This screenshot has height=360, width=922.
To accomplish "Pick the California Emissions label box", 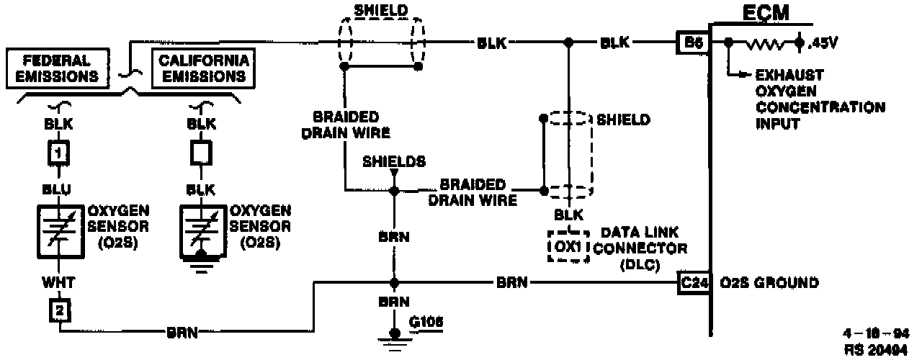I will pyautogui.click(x=203, y=67).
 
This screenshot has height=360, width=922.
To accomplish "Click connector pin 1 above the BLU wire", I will pyautogui.click(x=59, y=152).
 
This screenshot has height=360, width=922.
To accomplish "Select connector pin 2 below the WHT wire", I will pyautogui.click(x=59, y=311).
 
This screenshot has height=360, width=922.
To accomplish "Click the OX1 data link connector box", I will pyautogui.click(x=568, y=246).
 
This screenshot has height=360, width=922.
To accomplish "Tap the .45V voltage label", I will pyautogui.click(x=824, y=42).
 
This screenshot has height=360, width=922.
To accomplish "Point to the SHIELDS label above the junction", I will pyautogui.click(x=394, y=161).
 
